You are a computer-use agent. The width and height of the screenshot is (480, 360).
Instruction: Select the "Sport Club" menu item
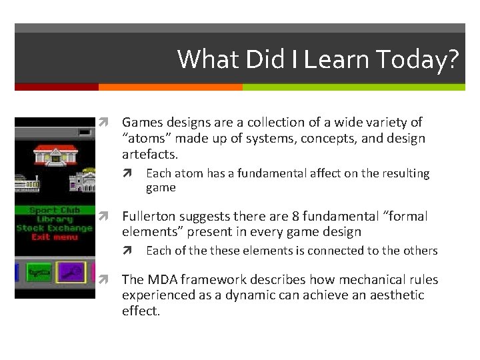(x=55, y=210)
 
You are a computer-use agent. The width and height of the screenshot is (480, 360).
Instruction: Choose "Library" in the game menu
(x=55, y=219)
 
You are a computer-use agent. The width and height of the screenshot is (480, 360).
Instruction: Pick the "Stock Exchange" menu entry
(x=55, y=228)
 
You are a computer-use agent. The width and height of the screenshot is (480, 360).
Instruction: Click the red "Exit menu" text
(x=55, y=237)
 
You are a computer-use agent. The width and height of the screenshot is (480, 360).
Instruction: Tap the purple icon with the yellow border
(x=71, y=272)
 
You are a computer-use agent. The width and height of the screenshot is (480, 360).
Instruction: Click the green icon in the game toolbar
(x=39, y=272)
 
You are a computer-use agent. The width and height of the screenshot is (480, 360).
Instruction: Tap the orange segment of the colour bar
(x=170, y=87)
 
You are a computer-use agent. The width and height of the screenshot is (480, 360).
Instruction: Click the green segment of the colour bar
(x=353, y=87)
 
